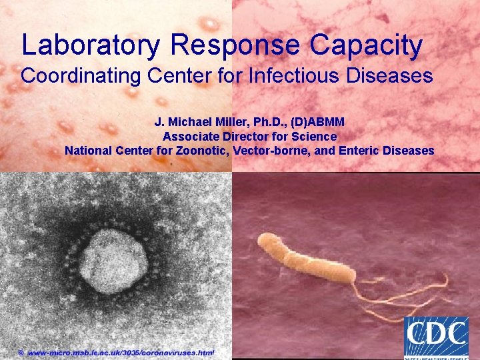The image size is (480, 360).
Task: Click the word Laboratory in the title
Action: click(91, 45)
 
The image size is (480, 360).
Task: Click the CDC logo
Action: click(436, 337)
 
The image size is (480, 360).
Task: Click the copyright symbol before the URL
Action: click(21, 351)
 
